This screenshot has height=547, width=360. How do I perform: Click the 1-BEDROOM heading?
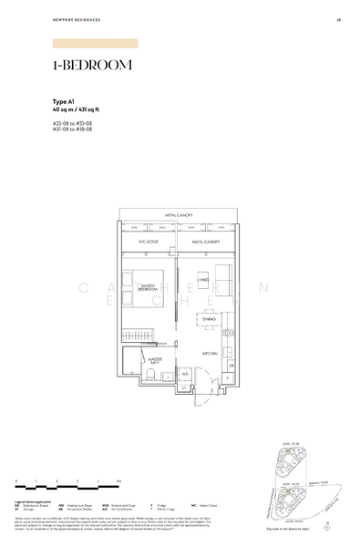[92, 66]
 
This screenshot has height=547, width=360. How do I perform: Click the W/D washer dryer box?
[185, 374]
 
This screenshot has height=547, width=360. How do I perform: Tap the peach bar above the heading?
[96, 43]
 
